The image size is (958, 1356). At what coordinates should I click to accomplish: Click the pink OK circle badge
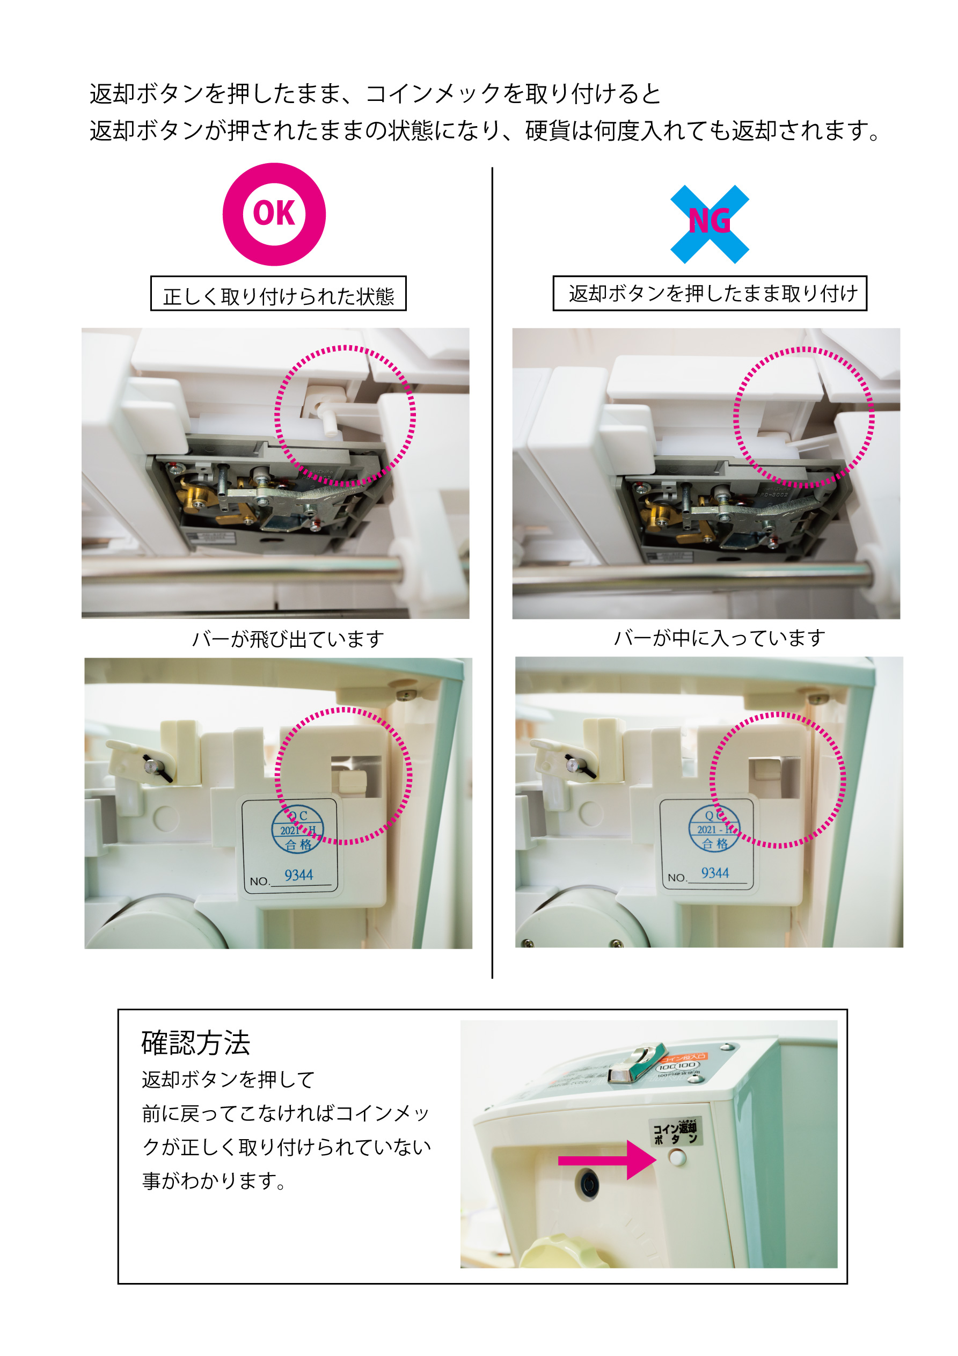[x=274, y=214]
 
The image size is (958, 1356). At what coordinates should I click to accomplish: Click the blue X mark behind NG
[x=710, y=224]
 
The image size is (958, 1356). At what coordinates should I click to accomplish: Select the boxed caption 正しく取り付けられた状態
[x=278, y=294]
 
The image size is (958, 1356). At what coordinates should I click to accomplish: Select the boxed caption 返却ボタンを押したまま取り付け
[x=710, y=293]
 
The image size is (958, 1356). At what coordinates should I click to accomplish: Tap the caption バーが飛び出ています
[x=288, y=638]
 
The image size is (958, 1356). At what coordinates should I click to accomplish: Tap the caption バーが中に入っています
[x=719, y=637]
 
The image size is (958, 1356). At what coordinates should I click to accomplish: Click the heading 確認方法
[x=195, y=1042]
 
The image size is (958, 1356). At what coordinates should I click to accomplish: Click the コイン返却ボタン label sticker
[x=675, y=1131]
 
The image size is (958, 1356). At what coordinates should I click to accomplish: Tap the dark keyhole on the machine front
[x=588, y=1184]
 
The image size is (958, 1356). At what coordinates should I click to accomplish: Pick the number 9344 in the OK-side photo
[x=298, y=874]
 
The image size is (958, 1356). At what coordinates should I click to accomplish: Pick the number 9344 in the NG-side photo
[x=715, y=873]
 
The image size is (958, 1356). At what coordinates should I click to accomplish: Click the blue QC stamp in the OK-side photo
[x=298, y=830]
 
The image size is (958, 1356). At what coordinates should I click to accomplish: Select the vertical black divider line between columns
[x=492, y=573]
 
